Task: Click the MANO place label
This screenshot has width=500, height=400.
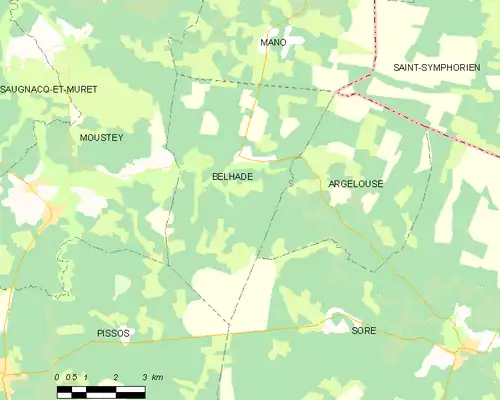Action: (273, 43)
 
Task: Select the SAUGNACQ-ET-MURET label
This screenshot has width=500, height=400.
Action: (49, 89)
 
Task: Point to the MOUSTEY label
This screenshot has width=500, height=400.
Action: (101, 138)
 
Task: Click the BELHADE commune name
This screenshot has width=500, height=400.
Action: (232, 176)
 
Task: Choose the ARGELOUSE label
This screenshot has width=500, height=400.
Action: (355, 184)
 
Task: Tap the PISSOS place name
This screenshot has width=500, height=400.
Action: (113, 332)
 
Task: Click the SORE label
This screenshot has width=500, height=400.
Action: (364, 329)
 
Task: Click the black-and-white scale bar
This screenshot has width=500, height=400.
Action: (101, 391)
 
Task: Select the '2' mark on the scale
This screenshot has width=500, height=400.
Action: (117, 377)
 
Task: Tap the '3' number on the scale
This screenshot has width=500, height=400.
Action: (145, 377)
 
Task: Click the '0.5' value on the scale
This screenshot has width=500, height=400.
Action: (71, 377)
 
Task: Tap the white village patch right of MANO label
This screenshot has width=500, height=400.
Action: (296, 40)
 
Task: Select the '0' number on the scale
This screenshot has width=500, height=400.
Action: (58, 377)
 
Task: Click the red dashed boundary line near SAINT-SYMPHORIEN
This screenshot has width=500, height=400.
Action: (420, 122)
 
